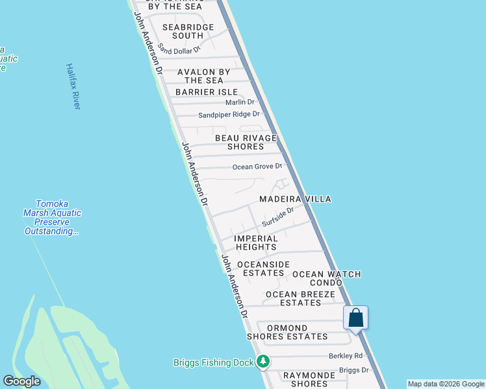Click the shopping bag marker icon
pyautogui.click(x=356, y=318)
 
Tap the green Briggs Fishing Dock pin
pyautogui.click(x=262, y=362)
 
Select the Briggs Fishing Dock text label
pyautogui.click(x=213, y=362)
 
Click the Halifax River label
pyautogui.click(x=73, y=86)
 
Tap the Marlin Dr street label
pyautogui.click(x=240, y=102)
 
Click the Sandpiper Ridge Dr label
pyautogui.click(x=229, y=115)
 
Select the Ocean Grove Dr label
pyautogui.click(x=257, y=167)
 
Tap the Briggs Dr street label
pyautogui.click(x=353, y=370)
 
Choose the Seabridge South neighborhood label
pyautogui.click(x=188, y=31)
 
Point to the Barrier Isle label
pyautogui.click(x=207, y=92)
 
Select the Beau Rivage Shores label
pyautogui.click(x=246, y=142)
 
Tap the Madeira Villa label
pyautogui.click(x=295, y=199)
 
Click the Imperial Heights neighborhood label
pyautogui.click(x=256, y=242)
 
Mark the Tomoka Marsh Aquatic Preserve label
pyautogui.click(x=53, y=217)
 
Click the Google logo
pyautogui.click(x=21, y=381)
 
